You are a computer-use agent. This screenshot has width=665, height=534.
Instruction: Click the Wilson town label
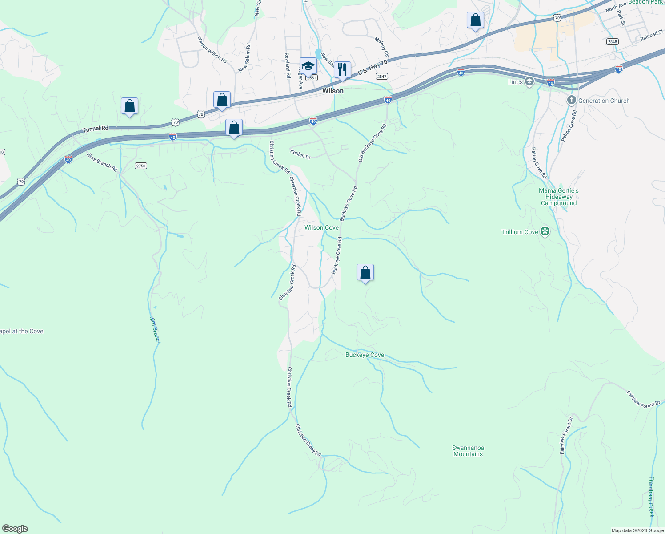tap(332, 91)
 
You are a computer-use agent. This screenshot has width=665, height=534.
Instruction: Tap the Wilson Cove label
tap(321, 227)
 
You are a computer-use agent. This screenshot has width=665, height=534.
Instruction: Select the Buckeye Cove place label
tap(365, 355)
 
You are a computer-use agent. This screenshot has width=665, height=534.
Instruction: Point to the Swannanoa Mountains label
tap(468, 451)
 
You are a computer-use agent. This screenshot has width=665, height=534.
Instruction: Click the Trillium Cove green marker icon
tap(545, 231)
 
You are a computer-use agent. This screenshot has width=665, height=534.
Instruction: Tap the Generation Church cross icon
tap(572, 100)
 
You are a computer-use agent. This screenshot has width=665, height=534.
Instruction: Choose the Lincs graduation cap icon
tap(529, 81)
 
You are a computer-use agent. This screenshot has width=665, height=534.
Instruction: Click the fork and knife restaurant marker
tap(342, 70)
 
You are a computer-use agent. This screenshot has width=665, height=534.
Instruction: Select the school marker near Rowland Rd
tap(308, 66)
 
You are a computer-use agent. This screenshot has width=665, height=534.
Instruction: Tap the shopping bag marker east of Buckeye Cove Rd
tap(365, 272)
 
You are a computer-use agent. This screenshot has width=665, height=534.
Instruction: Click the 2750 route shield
tap(140, 166)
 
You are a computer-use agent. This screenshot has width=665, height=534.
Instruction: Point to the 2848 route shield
tap(612, 42)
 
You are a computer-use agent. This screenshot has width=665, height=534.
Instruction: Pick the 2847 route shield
tap(381, 77)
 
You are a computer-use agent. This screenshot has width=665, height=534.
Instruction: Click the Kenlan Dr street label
tap(300, 154)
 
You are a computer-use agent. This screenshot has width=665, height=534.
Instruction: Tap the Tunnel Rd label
tap(95, 129)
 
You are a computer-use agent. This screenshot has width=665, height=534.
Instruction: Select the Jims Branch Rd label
tap(102, 162)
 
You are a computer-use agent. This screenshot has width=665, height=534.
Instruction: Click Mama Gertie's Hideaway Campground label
tap(558, 197)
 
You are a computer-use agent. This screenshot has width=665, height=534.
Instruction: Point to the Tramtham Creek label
tap(651, 497)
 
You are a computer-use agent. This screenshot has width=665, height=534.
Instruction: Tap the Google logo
tap(15, 529)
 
